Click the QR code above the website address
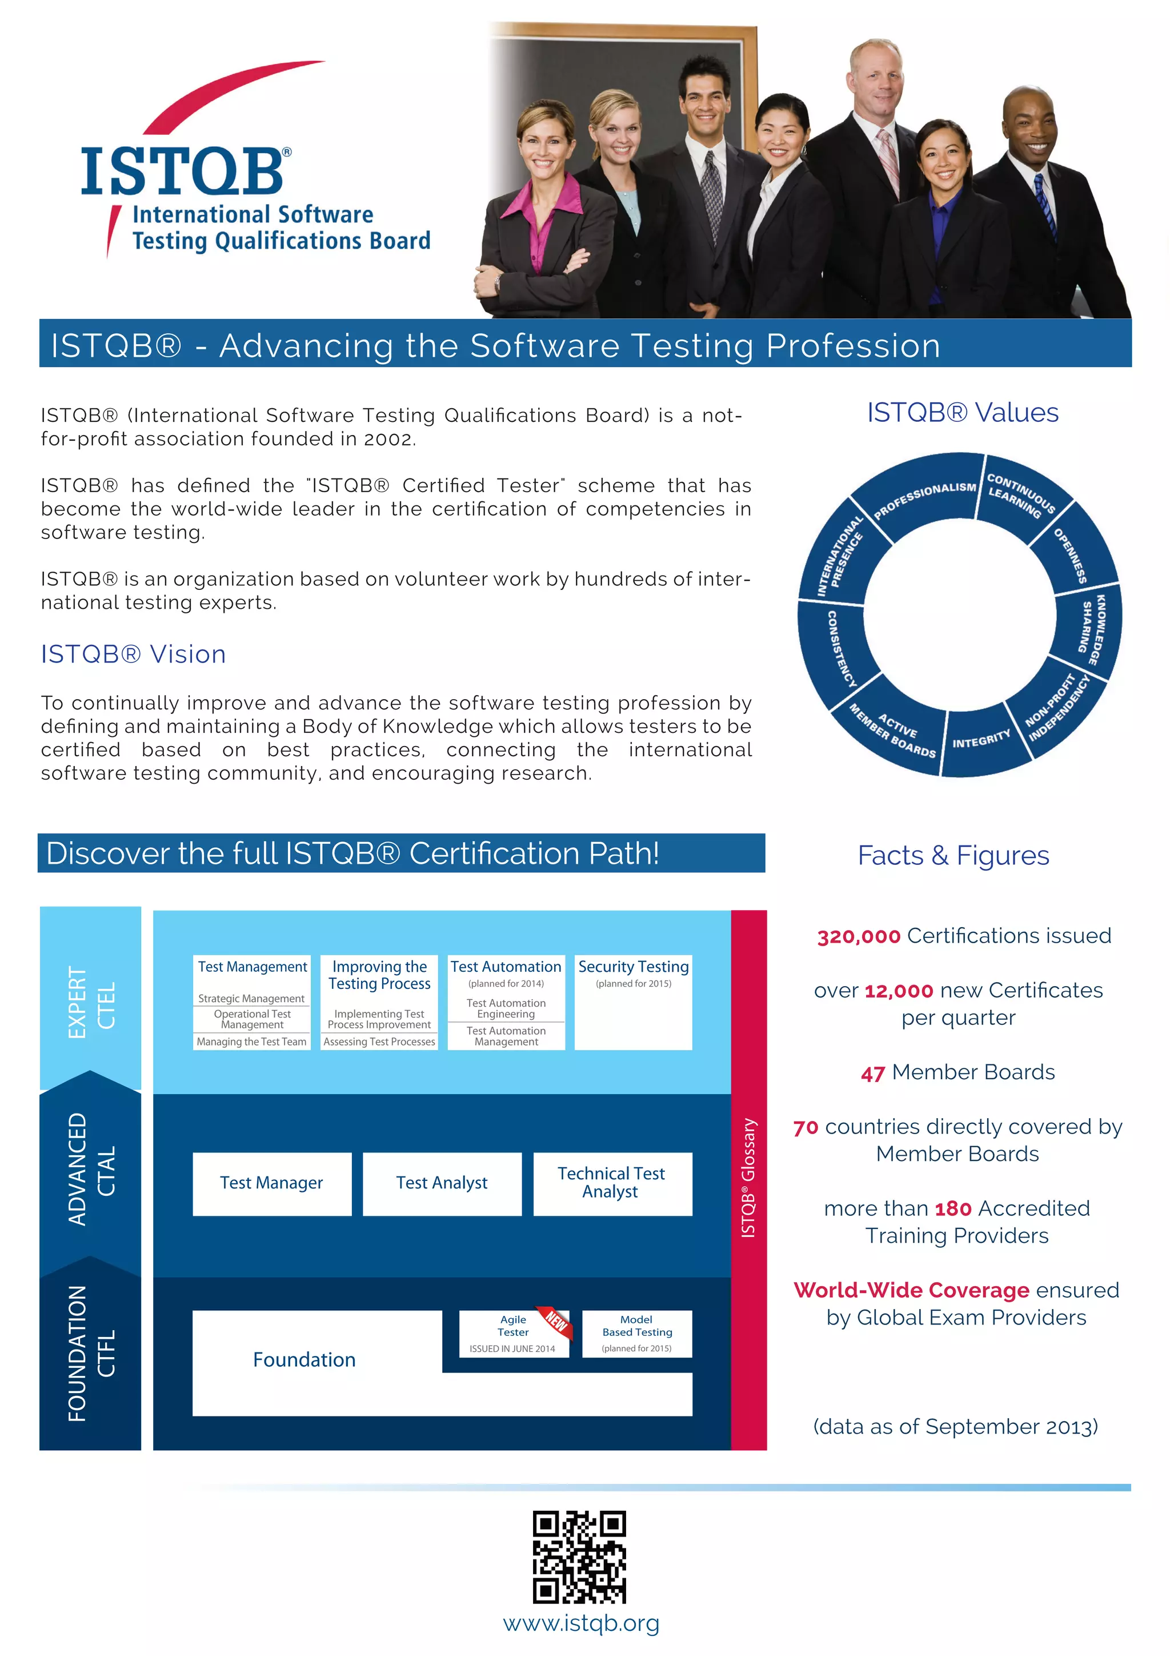(579, 1557)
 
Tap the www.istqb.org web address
(581, 1623)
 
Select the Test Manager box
(272, 1183)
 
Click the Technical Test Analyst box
(612, 1183)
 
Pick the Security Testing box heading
(633, 967)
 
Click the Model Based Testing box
(636, 1333)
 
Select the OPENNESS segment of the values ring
(1071, 556)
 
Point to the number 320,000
(859, 937)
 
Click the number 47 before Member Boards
(872, 1073)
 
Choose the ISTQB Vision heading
(133, 654)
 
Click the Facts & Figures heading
(953, 855)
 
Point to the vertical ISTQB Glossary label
(749, 1178)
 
